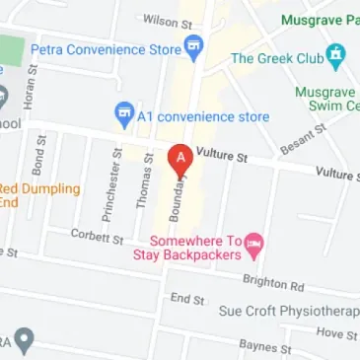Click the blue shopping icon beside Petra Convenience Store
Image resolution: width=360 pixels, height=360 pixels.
(193, 45)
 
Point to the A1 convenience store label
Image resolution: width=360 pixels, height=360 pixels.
(204, 116)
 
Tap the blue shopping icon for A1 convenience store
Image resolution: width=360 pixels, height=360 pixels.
(124, 116)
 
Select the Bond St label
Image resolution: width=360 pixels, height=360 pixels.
(38, 158)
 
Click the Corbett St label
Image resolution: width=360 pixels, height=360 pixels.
(96, 237)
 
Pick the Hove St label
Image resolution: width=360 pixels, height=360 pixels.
(336, 334)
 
